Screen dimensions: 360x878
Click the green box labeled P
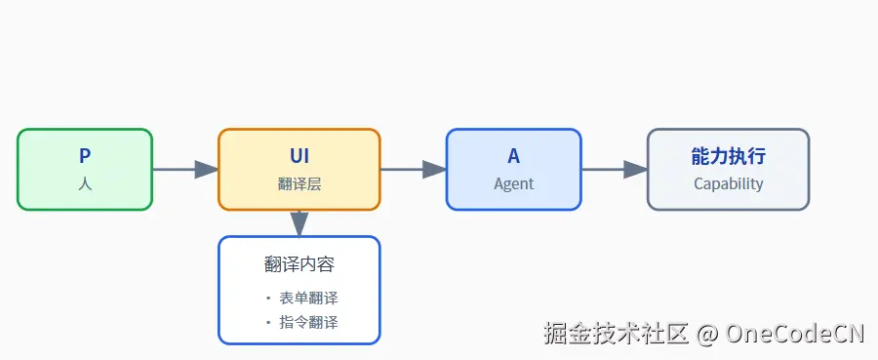pyautogui.click(x=85, y=169)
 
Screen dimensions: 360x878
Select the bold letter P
pyautogui.click(x=85, y=157)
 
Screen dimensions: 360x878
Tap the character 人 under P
pyautogui.click(x=85, y=183)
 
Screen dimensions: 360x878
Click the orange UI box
pyautogui.click(x=299, y=169)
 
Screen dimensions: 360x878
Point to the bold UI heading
pyautogui.click(x=299, y=157)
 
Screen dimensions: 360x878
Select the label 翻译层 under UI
pyautogui.click(x=299, y=183)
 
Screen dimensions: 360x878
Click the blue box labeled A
pyautogui.click(x=513, y=169)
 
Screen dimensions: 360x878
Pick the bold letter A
pyautogui.click(x=514, y=157)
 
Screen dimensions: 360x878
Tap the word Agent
pyautogui.click(x=514, y=183)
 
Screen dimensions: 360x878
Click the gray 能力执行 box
pyautogui.click(x=728, y=169)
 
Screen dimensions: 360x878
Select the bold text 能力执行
pyautogui.click(x=728, y=157)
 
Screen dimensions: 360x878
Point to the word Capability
pyautogui.click(x=728, y=183)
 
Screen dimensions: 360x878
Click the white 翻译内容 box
pyautogui.click(x=299, y=290)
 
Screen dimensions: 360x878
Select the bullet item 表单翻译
pyautogui.click(x=308, y=299)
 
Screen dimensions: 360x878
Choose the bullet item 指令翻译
pyautogui.click(x=308, y=322)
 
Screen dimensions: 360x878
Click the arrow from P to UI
pyautogui.click(x=185, y=170)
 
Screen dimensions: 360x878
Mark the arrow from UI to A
pyautogui.click(x=413, y=170)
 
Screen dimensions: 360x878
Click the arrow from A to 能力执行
pyautogui.click(x=615, y=170)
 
